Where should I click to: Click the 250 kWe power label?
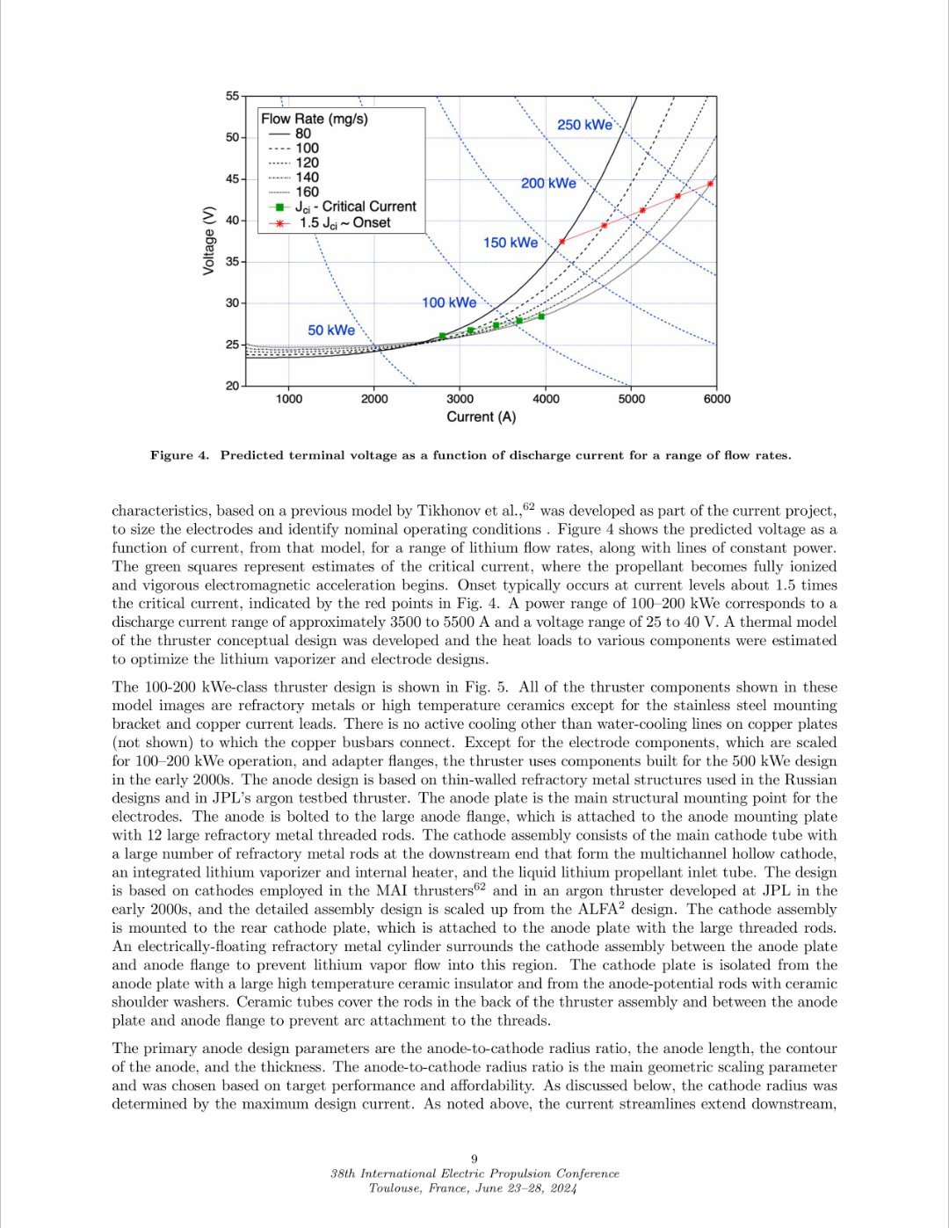pos(584,125)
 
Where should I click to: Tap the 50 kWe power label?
pos(331,330)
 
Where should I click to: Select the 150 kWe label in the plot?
pos(510,242)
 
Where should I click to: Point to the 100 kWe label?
pos(449,302)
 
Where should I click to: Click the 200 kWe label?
pos(548,183)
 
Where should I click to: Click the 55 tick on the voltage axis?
pos(232,96)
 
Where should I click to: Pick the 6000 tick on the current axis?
pos(716,399)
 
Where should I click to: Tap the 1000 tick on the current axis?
pos(289,399)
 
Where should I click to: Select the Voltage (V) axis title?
pos(209,240)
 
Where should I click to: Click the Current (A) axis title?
pos(482,417)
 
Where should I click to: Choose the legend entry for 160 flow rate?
pos(307,192)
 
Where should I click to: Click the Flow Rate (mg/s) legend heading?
pos(315,119)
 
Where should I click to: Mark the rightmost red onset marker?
pos(710,184)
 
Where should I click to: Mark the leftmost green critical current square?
pos(442,336)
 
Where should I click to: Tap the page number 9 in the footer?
pos(474,1159)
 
